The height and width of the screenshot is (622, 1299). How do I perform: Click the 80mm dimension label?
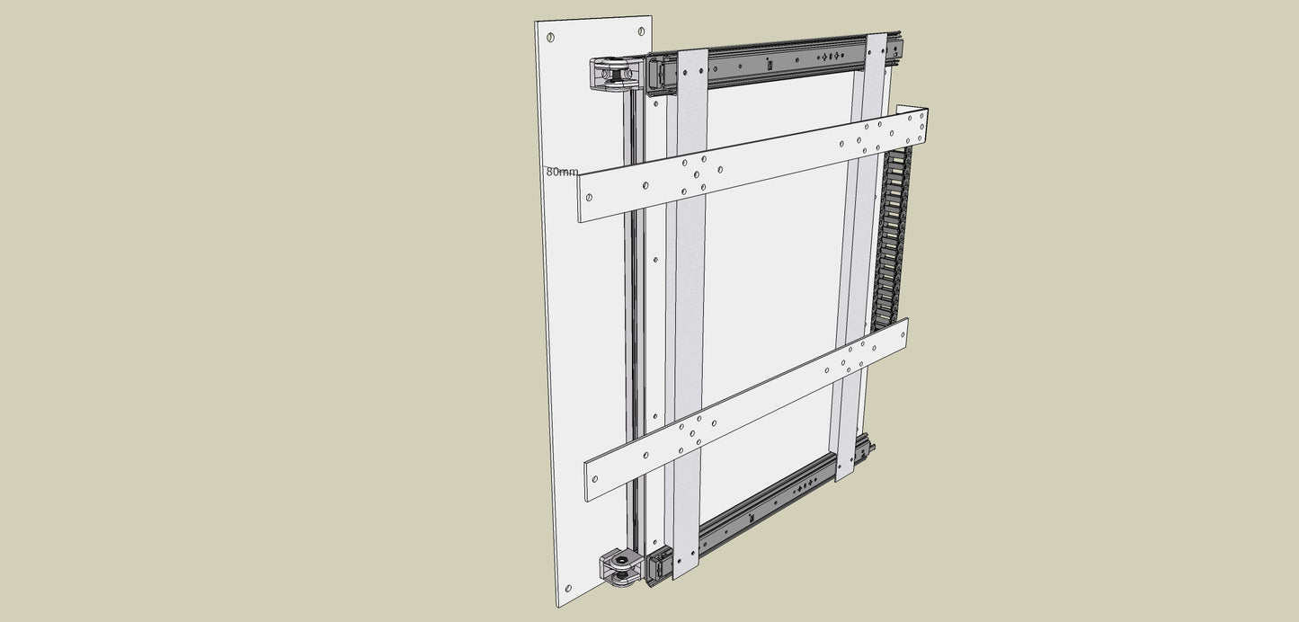[562, 173]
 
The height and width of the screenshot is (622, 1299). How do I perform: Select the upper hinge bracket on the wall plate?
[616, 75]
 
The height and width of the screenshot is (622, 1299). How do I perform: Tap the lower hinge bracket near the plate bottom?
[622, 567]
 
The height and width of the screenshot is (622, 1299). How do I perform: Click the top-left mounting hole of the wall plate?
[550, 38]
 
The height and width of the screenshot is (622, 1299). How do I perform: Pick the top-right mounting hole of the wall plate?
[641, 31]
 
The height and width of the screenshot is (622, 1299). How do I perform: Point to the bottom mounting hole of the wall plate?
[568, 589]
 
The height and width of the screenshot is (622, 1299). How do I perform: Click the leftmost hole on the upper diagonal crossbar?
[589, 198]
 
